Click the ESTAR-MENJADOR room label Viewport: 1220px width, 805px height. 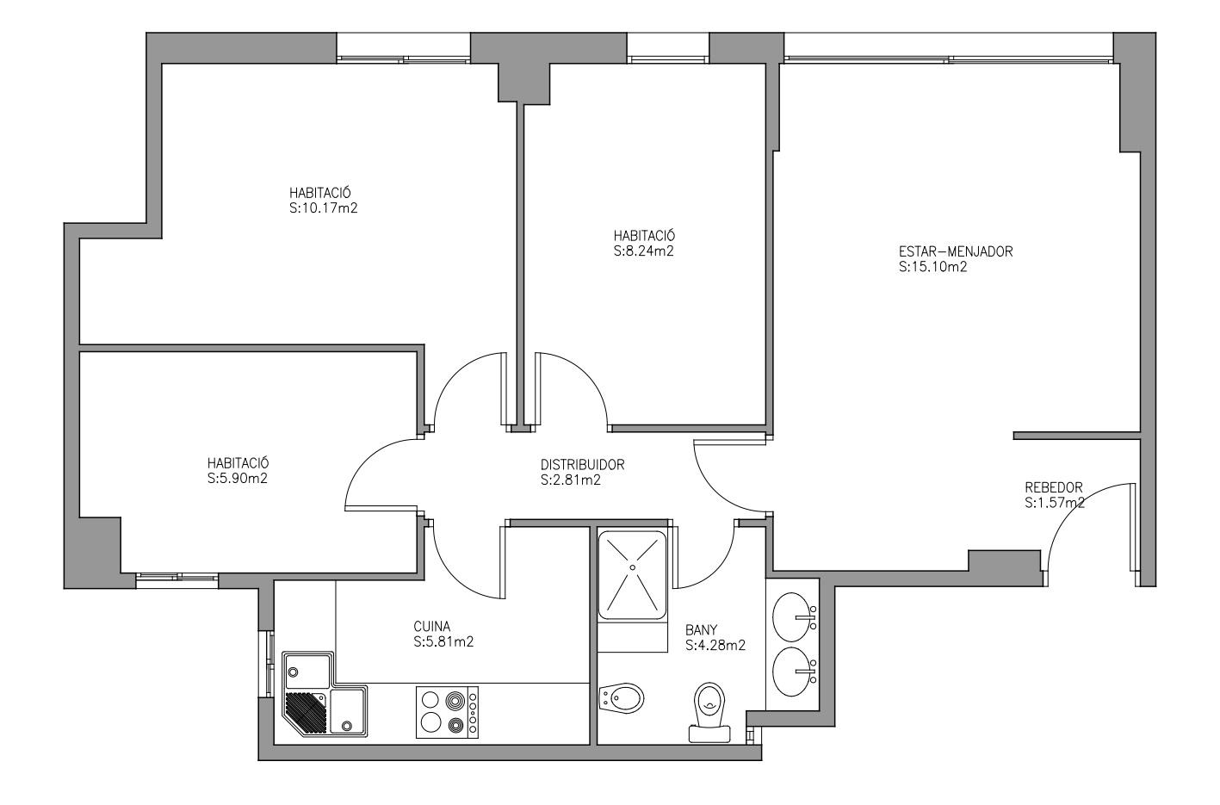pos(956,251)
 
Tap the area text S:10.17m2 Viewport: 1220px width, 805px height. pos(323,208)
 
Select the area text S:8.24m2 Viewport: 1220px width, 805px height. pos(644,251)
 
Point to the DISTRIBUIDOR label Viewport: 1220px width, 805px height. pos(582,465)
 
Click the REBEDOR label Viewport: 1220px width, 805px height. pos(1053,487)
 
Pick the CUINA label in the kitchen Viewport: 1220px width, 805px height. pos(432,627)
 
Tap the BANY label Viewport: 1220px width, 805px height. pos(701,630)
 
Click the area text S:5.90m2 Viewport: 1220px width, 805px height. pos(238,478)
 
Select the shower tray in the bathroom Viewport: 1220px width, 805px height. pos(632,575)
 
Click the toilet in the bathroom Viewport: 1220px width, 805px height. pos(709,712)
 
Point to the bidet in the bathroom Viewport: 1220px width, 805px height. pos(621,697)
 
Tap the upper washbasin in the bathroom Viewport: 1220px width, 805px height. pos(793,616)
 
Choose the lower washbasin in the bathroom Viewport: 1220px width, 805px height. pos(793,672)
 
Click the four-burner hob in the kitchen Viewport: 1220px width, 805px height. pos(447,712)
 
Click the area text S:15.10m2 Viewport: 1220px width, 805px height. pos(933,267)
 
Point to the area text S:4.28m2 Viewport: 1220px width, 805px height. pos(715,646)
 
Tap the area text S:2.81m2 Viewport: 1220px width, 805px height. pos(571,480)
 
